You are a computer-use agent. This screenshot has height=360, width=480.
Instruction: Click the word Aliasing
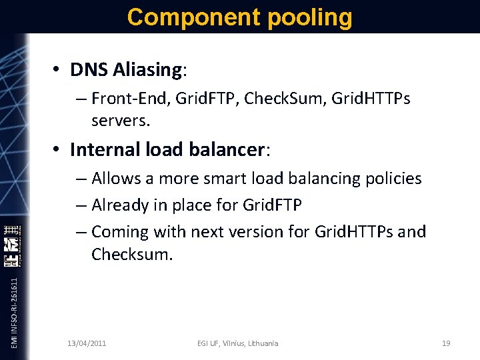tap(146, 69)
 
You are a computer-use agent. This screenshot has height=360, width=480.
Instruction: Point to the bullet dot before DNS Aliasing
tap(58, 70)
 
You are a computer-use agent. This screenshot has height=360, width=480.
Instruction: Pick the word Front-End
tap(128, 99)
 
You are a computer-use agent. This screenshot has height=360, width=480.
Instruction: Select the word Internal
tap(103, 149)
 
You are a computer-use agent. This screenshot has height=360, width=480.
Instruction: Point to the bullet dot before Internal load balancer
tap(58, 150)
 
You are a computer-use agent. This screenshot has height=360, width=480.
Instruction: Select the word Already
tap(119, 205)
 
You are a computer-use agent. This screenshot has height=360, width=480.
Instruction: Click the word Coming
tap(119, 232)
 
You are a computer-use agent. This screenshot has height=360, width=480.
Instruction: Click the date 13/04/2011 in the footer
tap(87, 343)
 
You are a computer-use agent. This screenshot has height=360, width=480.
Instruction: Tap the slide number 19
tap(446, 343)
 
